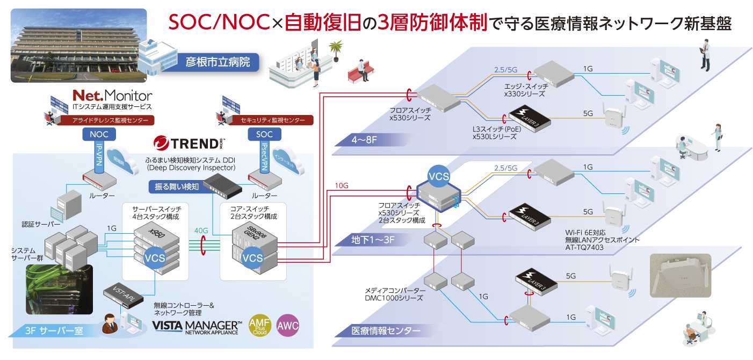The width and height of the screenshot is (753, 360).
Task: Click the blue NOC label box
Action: click(98, 134)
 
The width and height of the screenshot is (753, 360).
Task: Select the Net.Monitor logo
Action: click(112, 96)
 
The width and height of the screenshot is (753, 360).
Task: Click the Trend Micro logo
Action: click(189, 143)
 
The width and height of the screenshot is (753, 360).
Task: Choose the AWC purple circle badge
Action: click(287, 326)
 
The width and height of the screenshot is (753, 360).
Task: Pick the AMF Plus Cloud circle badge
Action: click(259, 326)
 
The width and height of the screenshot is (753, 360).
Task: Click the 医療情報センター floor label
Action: click(385, 331)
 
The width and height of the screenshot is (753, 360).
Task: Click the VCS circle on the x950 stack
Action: click(155, 257)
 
